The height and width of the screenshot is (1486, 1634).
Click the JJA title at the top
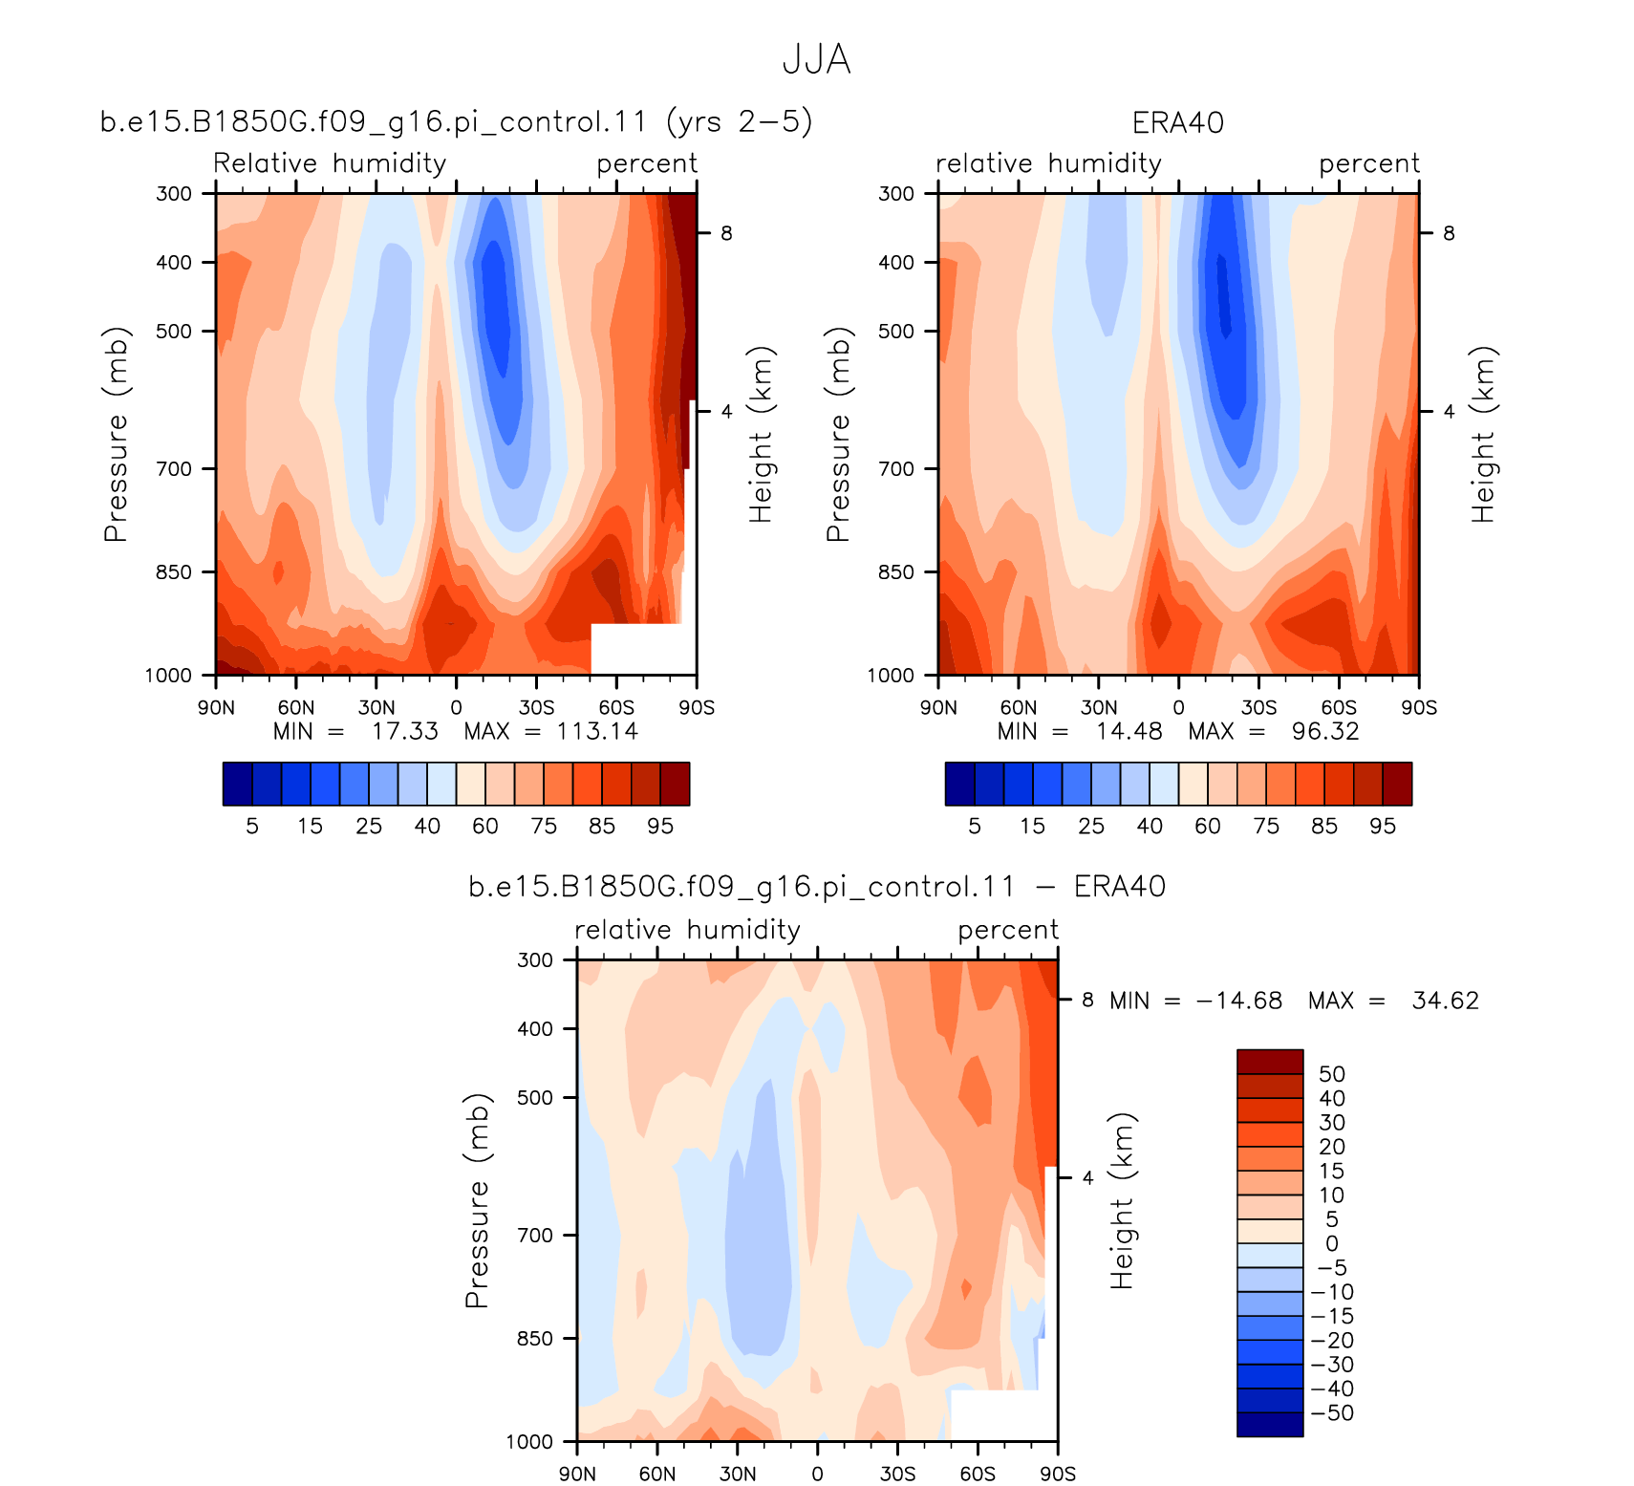pos(816,59)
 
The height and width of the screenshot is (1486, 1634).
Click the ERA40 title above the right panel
pos(1177,123)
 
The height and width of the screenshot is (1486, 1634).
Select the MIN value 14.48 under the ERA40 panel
pos(1129,731)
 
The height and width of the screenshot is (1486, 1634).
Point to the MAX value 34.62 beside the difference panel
pos(1445,1001)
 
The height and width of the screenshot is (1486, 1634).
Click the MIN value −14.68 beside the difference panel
pos(1239,1001)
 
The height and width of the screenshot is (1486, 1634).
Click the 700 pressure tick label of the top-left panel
pos(174,468)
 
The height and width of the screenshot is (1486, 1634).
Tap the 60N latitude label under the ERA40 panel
pos(1019,707)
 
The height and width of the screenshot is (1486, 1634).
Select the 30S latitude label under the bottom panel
pos(897,1474)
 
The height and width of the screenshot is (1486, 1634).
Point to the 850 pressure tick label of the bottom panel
pos(535,1338)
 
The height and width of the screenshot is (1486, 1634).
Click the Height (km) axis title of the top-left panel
pos(761,435)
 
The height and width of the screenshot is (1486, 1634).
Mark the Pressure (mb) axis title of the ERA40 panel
pos(837,435)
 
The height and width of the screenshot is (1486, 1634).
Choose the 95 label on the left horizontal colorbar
pos(660,826)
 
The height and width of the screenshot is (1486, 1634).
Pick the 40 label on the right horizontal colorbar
pos(1150,826)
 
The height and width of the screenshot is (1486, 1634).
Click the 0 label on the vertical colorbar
pos(1332,1243)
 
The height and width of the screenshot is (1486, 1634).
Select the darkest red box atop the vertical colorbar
pos(1270,1062)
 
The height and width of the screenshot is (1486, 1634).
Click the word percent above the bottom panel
pos(1008,931)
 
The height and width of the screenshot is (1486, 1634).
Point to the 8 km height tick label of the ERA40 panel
pos(1449,233)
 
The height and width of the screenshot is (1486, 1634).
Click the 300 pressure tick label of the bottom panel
pos(535,959)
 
